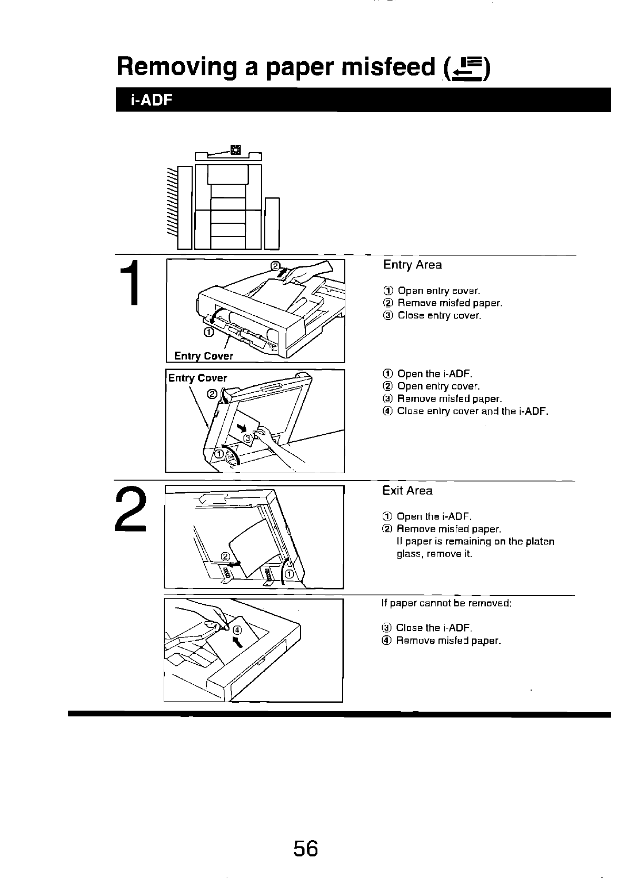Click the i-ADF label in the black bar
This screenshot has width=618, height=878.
(x=152, y=100)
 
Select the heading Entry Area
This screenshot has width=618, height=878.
(x=412, y=265)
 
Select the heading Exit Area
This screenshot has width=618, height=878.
(x=407, y=491)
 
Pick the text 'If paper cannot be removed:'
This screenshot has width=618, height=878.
(x=446, y=603)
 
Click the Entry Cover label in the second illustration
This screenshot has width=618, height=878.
(x=197, y=378)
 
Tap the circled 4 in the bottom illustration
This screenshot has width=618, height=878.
(x=236, y=630)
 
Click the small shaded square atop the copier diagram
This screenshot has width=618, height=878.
(x=235, y=149)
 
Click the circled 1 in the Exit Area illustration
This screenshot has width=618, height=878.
(x=289, y=574)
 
